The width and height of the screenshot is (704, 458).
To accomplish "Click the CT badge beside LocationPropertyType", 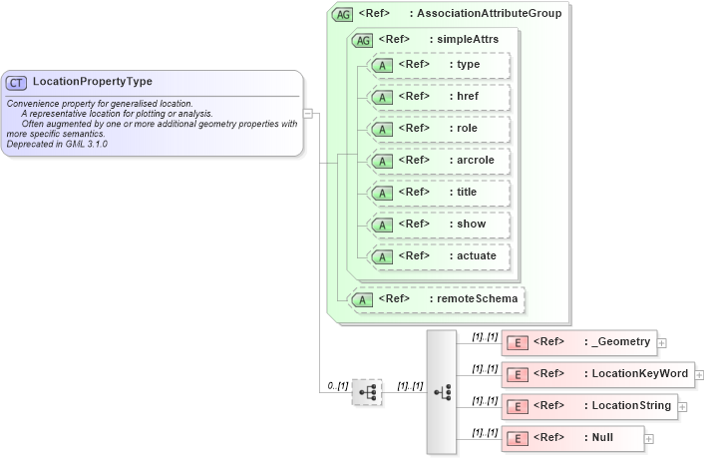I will click(17, 82).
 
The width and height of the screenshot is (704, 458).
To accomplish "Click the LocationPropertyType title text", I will click(93, 82).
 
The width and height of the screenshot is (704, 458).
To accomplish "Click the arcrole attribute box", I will click(439, 161).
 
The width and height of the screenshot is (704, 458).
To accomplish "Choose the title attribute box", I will click(439, 193).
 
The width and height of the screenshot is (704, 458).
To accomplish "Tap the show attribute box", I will click(439, 225).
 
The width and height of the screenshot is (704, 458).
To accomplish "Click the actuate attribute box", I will click(439, 256).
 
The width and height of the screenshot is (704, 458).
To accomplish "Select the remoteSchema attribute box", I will click(436, 298).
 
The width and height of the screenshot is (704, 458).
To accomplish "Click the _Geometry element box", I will click(578, 342).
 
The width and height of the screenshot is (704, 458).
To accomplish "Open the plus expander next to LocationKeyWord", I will click(699, 375).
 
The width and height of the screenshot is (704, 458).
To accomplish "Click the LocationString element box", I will click(589, 406).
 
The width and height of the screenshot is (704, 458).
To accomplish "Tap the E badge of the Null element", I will click(518, 438).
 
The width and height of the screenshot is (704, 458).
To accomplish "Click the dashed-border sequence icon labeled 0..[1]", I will click(367, 392).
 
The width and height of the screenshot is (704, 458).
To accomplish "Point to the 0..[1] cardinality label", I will click(337, 385).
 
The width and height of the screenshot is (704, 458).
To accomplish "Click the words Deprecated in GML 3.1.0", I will click(57, 145).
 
